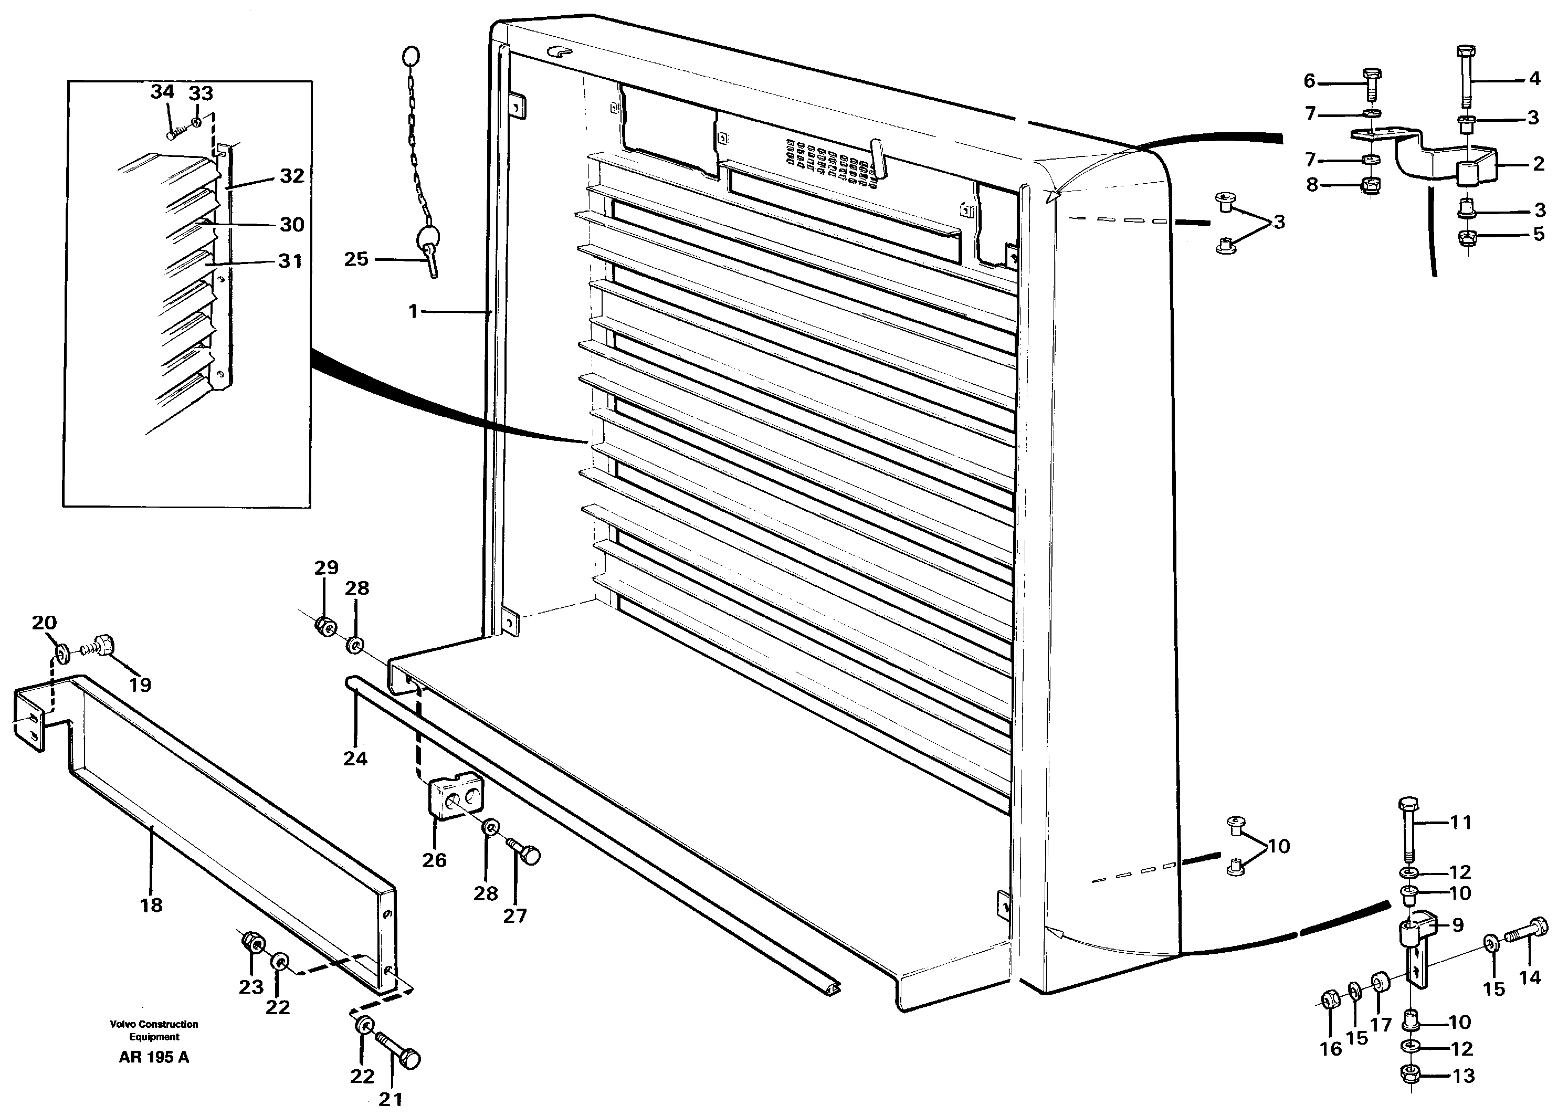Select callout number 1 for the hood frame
tap(413, 312)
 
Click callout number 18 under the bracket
tap(151, 905)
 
